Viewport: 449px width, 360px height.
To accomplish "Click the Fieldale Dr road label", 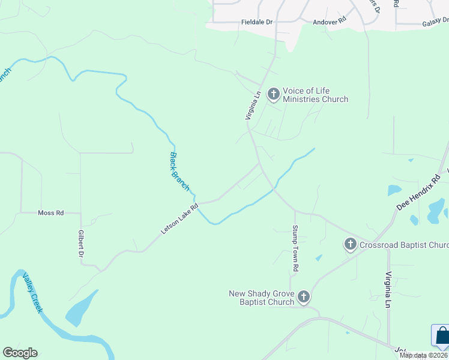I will click(257, 22).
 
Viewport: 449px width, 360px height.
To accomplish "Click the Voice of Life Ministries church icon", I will click(273, 94).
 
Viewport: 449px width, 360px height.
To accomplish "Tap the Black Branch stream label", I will click(179, 172).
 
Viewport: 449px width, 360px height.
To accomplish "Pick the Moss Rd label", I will click(50, 213).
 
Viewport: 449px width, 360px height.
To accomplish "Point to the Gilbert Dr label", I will click(80, 244).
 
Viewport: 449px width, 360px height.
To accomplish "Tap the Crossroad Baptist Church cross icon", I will click(351, 244).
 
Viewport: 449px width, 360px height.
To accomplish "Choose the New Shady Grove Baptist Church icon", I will click(304, 296).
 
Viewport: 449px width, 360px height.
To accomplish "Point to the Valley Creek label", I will click(32, 293).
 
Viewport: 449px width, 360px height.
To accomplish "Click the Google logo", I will click(20, 353).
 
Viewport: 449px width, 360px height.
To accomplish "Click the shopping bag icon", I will click(442, 336).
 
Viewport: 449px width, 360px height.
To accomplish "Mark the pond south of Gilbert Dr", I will click(81, 311).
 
